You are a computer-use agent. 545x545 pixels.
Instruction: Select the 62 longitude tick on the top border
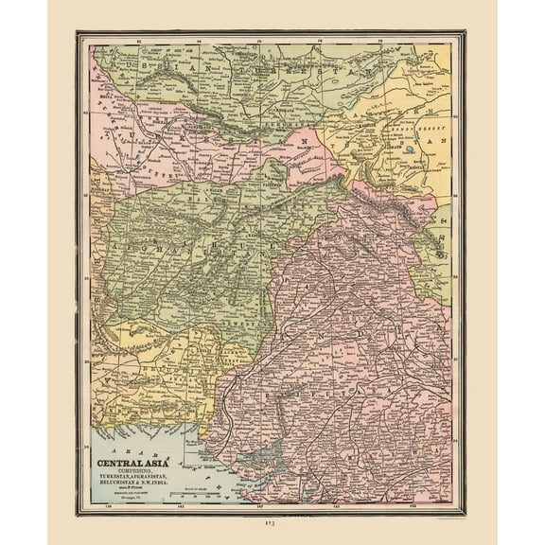[x=138, y=41]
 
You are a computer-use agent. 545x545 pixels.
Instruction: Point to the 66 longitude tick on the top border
[x=199, y=41]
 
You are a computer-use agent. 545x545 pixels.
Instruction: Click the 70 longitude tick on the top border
[x=260, y=41]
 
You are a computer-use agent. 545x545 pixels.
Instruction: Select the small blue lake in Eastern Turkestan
[x=408, y=149]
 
